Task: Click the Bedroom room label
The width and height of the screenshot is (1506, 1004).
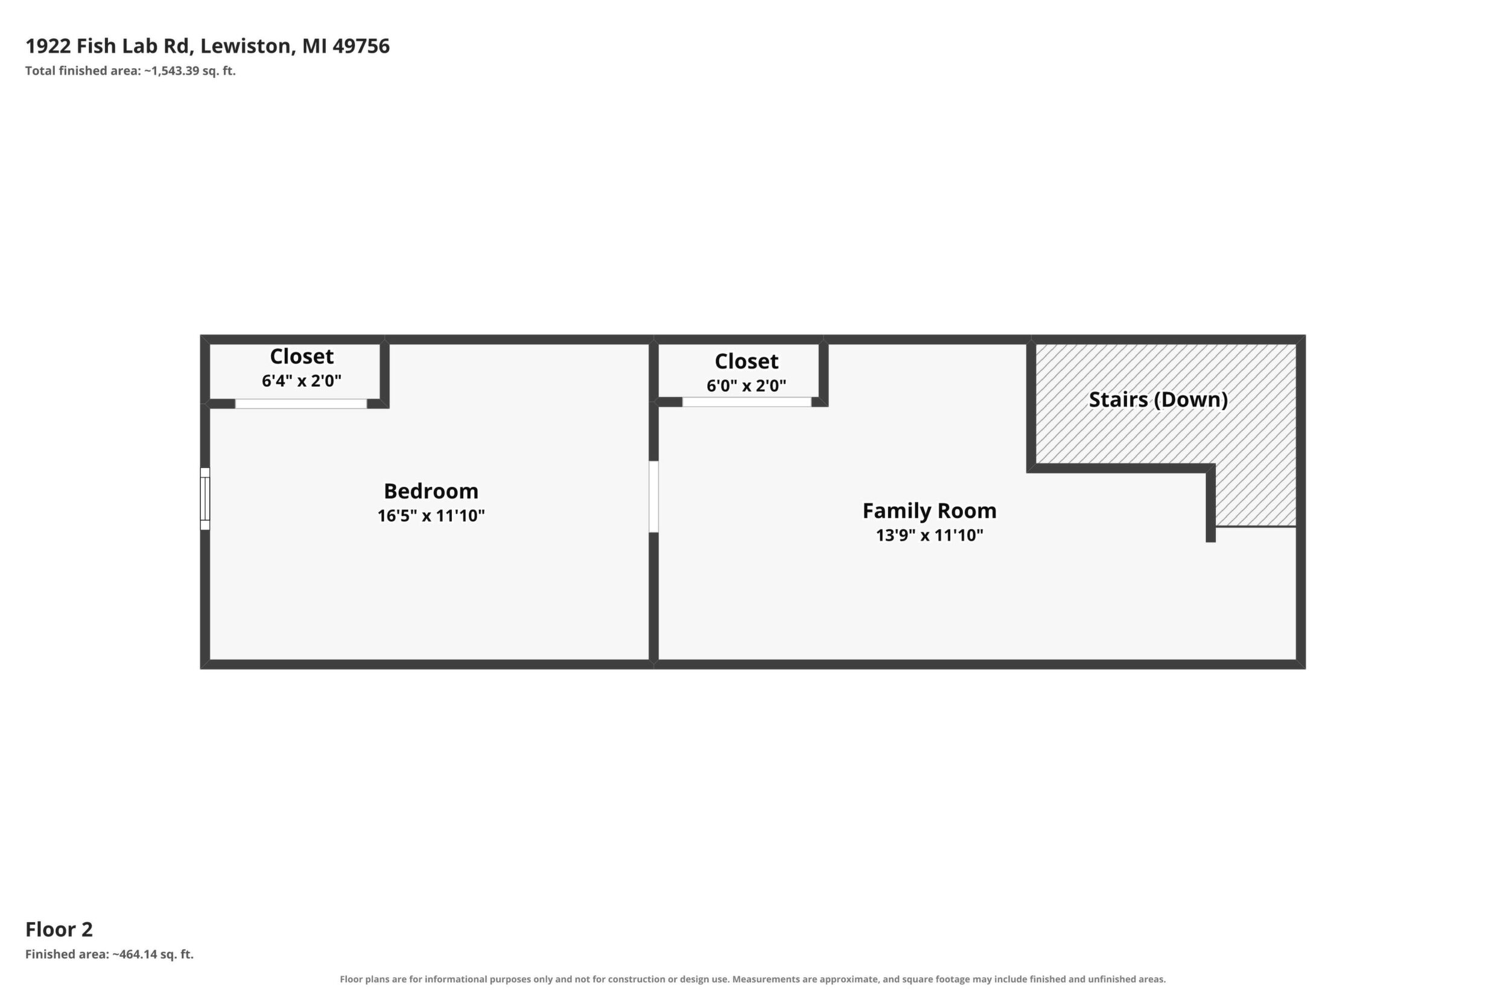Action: point(431,491)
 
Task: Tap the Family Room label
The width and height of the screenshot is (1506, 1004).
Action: point(929,511)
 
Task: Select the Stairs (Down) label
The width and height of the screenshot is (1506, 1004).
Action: point(1158,399)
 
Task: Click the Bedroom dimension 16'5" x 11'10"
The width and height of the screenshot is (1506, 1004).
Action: point(431,515)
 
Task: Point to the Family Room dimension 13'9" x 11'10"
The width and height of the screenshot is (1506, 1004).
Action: point(929,535)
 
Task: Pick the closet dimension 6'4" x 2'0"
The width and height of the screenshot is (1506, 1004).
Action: point(302,381)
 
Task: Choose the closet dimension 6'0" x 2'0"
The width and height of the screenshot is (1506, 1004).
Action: point(746,386)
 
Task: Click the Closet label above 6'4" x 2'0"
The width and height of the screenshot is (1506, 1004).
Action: point(302,356)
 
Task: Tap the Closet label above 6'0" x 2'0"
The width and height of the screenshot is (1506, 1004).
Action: point(746,361)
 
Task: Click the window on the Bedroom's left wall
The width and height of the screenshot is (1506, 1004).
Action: point(205,499)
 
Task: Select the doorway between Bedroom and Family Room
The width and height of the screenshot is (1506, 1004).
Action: point(654,497)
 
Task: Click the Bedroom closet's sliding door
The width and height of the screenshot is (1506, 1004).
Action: point(301,404)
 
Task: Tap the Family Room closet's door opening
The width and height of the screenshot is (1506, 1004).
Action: point(746,402)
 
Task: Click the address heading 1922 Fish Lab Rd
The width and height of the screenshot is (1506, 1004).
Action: point(108,46)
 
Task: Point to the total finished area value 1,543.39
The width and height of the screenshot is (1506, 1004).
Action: point(174,71)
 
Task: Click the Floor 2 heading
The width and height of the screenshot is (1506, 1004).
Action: point(59,929)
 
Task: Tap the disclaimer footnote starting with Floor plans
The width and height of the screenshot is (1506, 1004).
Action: point(752,979)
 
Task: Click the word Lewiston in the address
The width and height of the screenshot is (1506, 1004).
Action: point(247,46)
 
